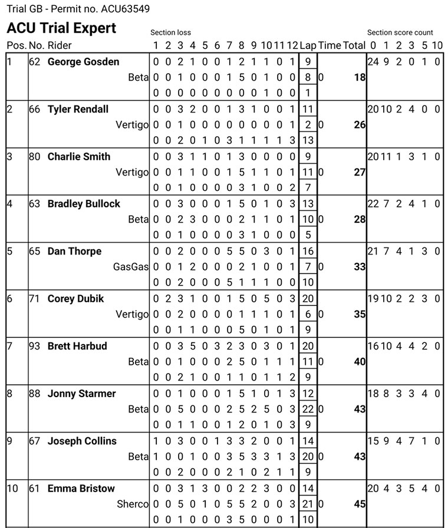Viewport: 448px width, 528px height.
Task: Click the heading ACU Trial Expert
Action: [61, 28]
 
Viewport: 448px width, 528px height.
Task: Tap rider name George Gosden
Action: [83, 62]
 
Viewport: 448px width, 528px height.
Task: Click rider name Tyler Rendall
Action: [78, 109]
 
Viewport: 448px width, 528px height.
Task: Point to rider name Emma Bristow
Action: [81, 489]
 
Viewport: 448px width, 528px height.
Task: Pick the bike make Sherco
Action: [133, 504]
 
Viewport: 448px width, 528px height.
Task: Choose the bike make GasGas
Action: [131, 267]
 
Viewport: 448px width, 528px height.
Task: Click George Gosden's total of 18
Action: [360, 77]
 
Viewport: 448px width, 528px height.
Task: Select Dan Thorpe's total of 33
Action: [360, 267]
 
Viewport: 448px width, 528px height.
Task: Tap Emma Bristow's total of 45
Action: [360, 504]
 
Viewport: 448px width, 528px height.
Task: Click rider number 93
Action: [37, 346]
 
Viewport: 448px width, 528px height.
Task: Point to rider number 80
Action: [37, 157]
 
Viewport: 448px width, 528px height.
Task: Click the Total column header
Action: [354, 45]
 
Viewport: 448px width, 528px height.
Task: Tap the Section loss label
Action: [170, 32]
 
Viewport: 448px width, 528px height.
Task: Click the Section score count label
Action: [400, 32]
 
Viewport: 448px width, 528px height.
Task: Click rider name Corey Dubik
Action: [75, 299]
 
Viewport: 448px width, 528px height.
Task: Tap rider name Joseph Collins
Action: [82, 441]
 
